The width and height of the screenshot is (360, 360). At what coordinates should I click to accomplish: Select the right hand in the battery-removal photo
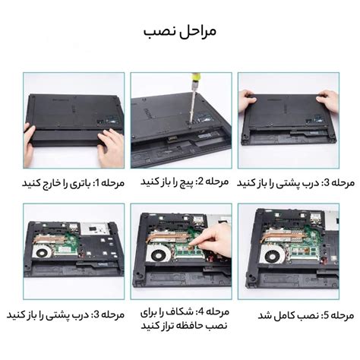111,145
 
